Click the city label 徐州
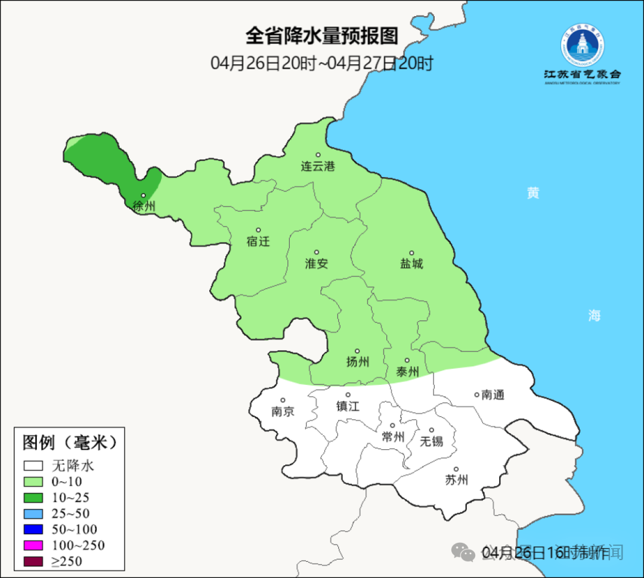coord(144,207)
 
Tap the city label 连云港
coord(318,166)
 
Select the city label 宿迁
coord(258,242)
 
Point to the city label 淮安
coord(317,264)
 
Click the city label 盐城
coord(411,264)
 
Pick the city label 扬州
coord(358,361)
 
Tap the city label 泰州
coord(407,372)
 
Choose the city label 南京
coord(283,412)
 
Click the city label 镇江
coord(348,406)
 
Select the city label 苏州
coord(456,480)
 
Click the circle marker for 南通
coord(476,394)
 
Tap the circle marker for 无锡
coord(432,430)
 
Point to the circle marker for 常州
coord(392,426)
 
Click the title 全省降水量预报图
coord(322,36)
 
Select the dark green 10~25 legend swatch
coord(33,497)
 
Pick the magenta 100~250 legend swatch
coord(33,545)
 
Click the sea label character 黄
coord(532,193)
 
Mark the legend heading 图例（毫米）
coord(69,443)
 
